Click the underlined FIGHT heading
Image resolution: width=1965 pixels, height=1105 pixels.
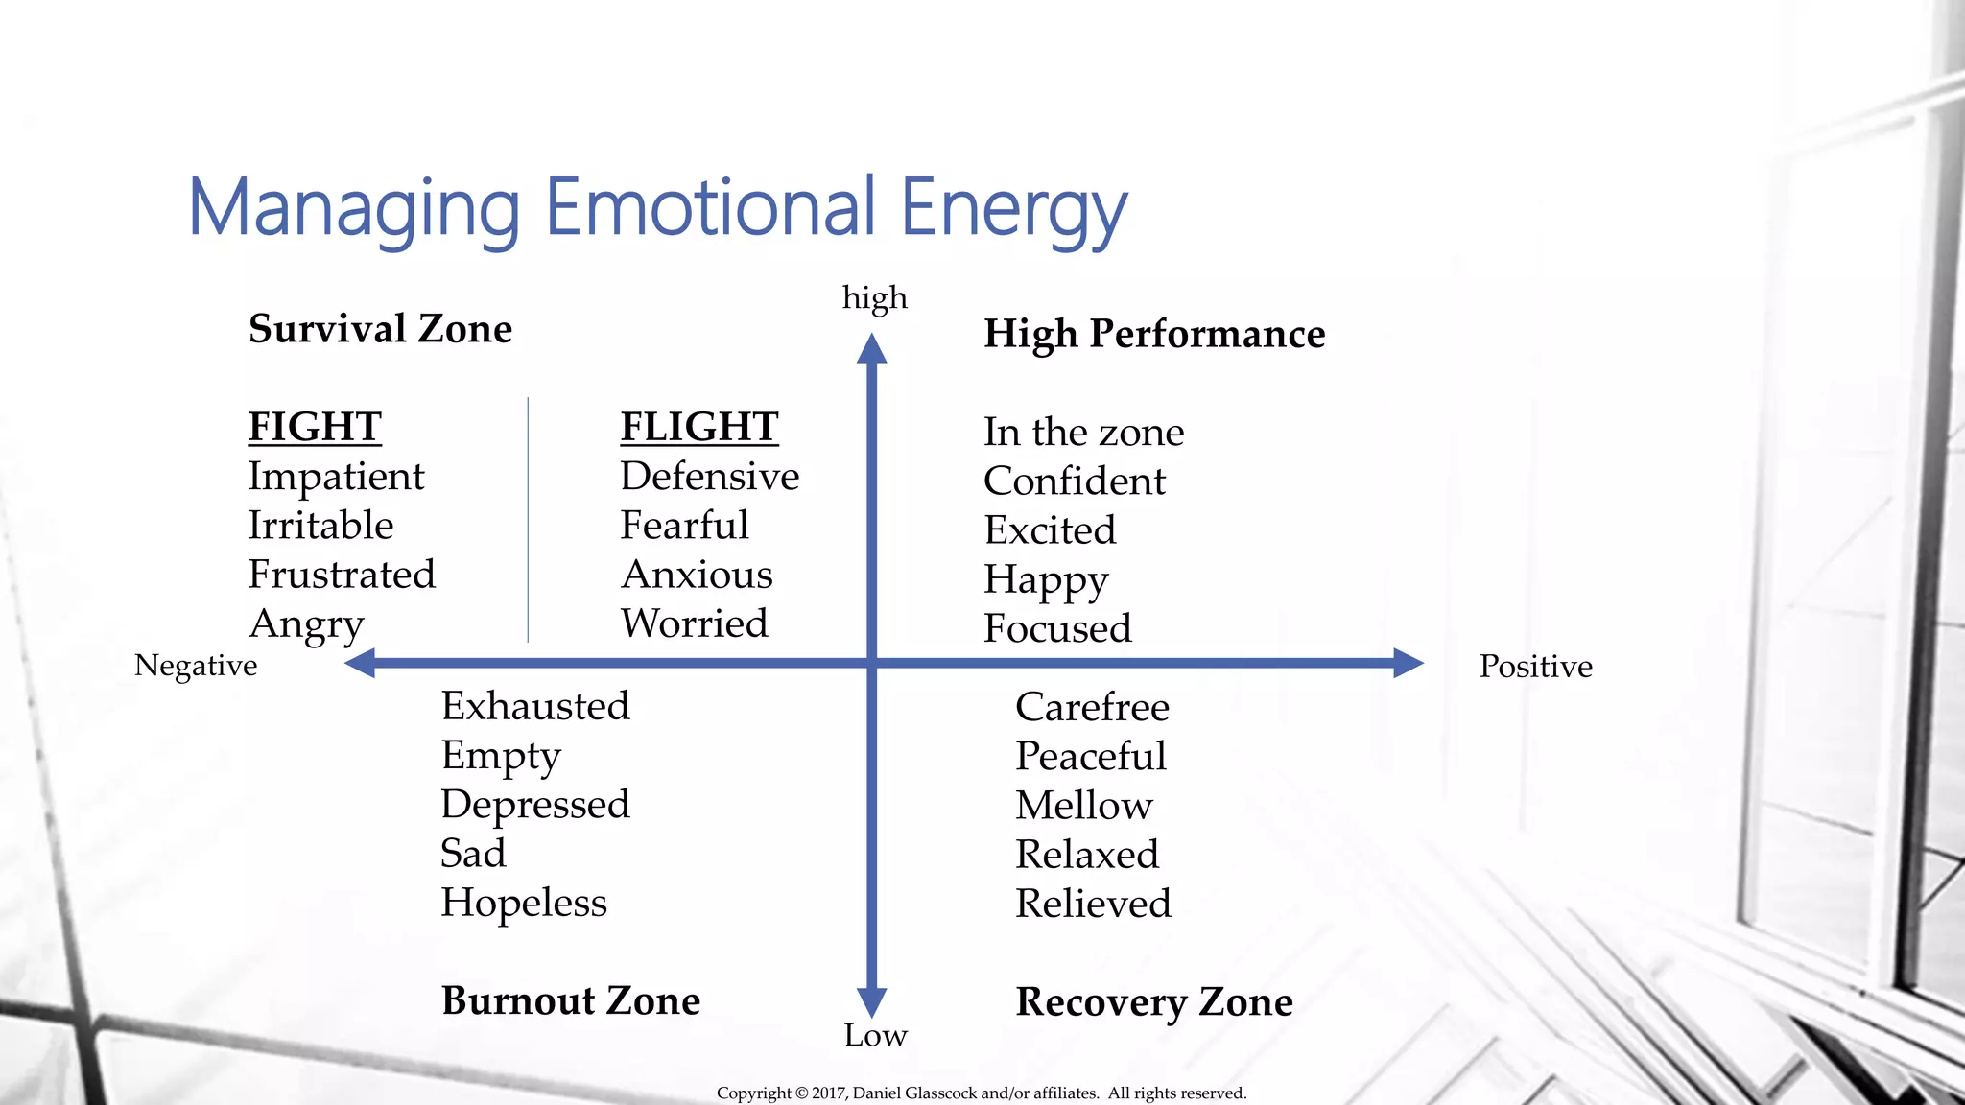[315, 427]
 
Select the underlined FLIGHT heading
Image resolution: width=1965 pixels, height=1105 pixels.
[699, 427]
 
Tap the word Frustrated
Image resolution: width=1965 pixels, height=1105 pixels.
[342, 575]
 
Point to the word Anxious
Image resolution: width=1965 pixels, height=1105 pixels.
[697, 575]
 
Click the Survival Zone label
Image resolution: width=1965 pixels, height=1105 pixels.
[380, 329]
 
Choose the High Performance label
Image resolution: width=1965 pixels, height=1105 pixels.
[1154, 334]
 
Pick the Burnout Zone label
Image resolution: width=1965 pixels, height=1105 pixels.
[571, 1000]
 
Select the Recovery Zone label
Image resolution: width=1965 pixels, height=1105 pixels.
[1154, 1002]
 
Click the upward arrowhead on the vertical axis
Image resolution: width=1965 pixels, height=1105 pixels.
[871, 349]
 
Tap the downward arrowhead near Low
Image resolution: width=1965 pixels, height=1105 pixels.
[871, 1001]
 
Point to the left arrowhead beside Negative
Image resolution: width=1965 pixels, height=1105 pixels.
[361, 663]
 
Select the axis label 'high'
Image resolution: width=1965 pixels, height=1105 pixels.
[874, 297]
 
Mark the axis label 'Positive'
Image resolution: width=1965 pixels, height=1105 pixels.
[1535, 666]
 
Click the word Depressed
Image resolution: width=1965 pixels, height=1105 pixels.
[535, 805]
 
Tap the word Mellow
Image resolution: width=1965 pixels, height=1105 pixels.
[1084, 806]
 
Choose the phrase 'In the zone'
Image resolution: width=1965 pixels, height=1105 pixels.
[1083, 433]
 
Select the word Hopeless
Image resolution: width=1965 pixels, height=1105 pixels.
[524, 903]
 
